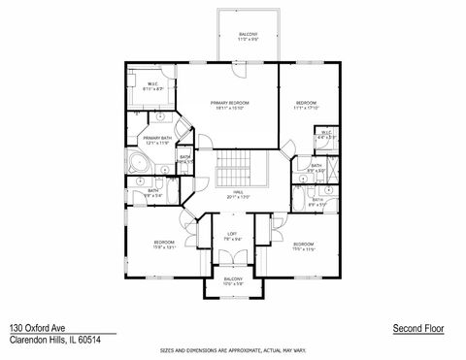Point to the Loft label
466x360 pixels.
[233, 233]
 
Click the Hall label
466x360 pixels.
[232, 195]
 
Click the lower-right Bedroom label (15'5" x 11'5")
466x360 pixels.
[303, 245]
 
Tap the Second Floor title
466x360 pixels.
[416, 330]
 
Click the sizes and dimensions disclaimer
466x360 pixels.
[233, 348]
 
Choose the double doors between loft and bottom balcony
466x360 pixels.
[233, 257]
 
